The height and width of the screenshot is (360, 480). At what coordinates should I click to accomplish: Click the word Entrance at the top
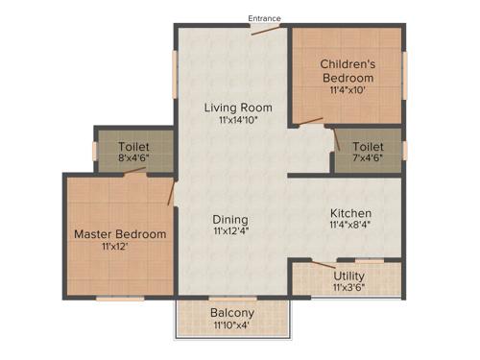(x=265, y=18)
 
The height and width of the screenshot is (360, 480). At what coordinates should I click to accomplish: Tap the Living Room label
(x=238, y=107)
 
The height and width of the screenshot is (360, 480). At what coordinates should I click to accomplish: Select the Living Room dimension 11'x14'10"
(x=238, y=120)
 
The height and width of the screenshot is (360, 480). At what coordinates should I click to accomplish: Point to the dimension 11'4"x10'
(x=347, y=91)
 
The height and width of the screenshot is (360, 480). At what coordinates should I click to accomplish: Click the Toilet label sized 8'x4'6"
(x=133, y=147)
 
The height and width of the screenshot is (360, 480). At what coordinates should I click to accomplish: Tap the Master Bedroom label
(x=120, y=233)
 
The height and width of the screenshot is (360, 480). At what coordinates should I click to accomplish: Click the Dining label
(x=230, y=219)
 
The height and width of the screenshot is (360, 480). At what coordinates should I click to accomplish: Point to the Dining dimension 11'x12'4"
(x=230, y=232)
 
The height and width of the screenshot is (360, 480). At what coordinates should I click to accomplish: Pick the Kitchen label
(x=351, y=213)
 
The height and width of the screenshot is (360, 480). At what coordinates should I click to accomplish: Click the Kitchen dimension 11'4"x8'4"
(x=351, y=227)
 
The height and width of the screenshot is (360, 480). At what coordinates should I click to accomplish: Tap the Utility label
(x=348, y=275)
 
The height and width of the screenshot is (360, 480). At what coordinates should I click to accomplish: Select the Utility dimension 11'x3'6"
(x=348, y=287)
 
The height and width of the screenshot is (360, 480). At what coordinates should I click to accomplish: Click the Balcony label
(x=231, y=313)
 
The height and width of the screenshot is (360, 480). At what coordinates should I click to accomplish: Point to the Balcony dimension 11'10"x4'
(x=231, y=326)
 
